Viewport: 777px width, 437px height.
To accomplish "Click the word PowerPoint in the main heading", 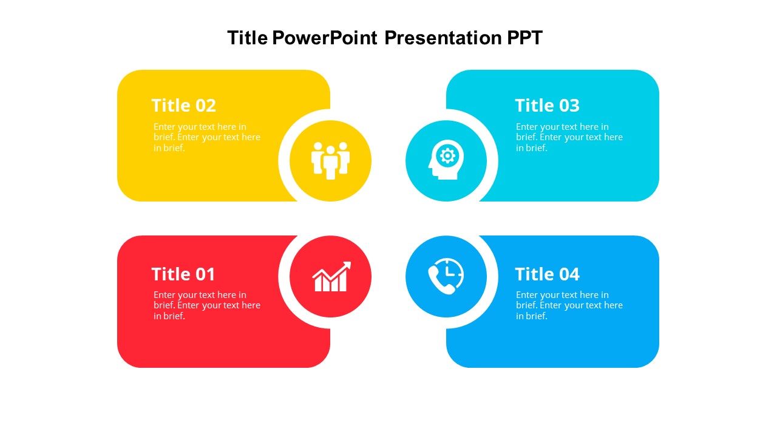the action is tap(325, 38).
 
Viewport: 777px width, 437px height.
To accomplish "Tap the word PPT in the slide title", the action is tap(525, 38).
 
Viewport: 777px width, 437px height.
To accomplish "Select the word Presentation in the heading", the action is tap(443, 38).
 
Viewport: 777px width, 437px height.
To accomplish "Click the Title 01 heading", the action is tap(183, 274).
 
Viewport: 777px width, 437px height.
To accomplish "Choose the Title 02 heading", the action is tap(184, 106).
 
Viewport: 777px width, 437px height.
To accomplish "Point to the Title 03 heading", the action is tap(548, 106).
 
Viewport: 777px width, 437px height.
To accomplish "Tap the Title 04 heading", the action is tap(548, 274).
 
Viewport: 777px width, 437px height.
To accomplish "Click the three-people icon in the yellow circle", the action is tap(330, 161).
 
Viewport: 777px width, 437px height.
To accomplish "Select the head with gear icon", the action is tap(446, 160).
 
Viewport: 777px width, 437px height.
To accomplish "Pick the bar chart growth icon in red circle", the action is tap(331, 276).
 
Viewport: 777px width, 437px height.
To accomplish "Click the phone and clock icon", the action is tap(446, 276).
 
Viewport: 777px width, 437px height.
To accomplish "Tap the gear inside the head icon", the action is tap(447, 156).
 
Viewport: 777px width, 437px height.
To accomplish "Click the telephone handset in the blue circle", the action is tap(440, 280).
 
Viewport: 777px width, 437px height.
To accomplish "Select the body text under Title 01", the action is tap(207, 305).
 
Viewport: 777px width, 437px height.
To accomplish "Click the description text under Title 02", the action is tap(207, 137).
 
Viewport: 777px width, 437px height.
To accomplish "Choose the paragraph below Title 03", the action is tap(569, 137).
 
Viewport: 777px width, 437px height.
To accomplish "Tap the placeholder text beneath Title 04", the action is tap(569, 305).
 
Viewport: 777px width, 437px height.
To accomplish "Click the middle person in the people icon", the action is tap(331, 163).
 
